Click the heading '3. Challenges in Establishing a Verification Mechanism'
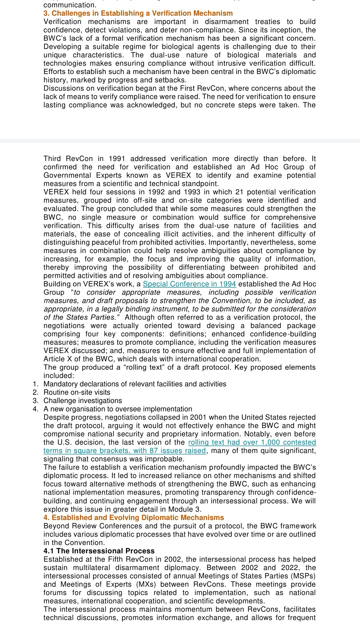[x=138, y=13]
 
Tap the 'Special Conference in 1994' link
[x=189, y=284]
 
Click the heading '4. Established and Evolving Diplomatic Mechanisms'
[x=134, y=518]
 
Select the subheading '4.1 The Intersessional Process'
[x=99, y=551]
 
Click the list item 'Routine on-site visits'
[x=77, y=392]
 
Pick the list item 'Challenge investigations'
[x=83, y=401]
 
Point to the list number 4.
[x=35, y=409]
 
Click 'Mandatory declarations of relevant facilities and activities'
[x=135, y=384]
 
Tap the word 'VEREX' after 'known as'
[x=178, y=175]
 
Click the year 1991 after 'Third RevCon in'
[x=117, y=159]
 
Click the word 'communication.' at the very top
[x=70, y=5]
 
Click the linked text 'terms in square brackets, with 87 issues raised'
[x=124, y=451]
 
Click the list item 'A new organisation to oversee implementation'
[x=118, y=409]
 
